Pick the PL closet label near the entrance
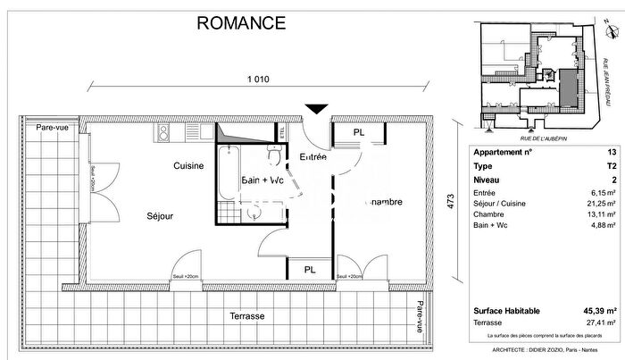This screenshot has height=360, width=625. click(x=358, y=133)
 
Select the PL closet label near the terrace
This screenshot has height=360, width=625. click(x=310, y=269)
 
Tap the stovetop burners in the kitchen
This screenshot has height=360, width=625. click(x=164, y=134)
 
